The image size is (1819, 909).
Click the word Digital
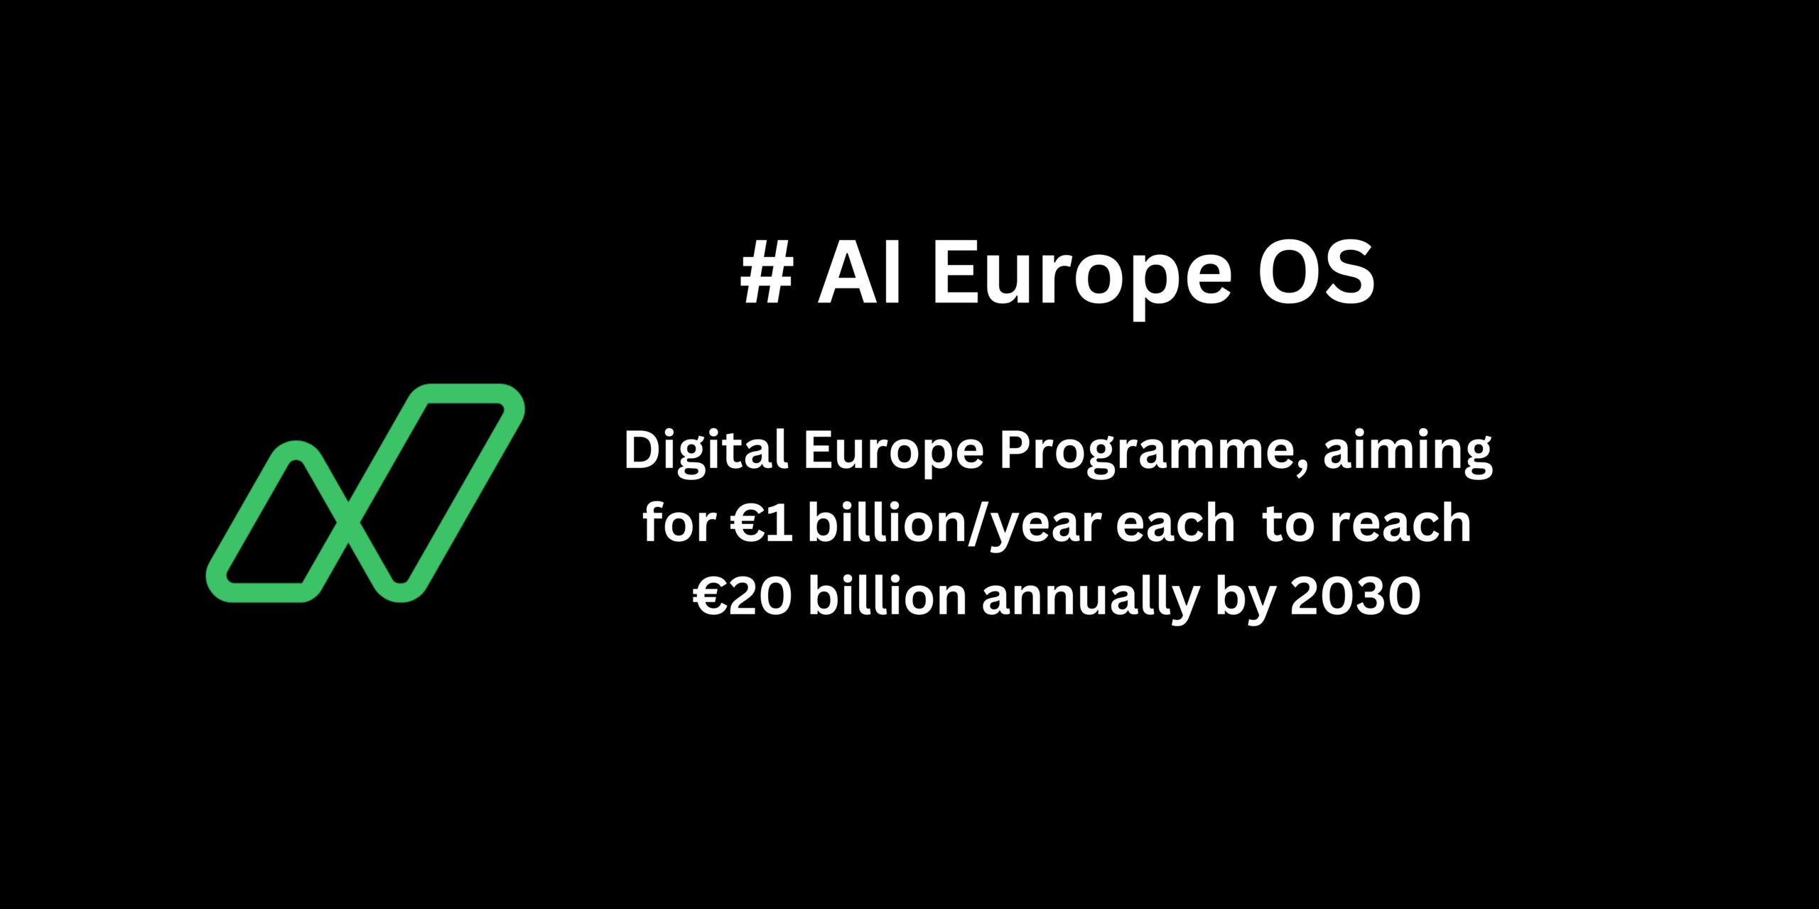[x=706, y=452]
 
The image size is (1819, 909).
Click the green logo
[x=365, y=493]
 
